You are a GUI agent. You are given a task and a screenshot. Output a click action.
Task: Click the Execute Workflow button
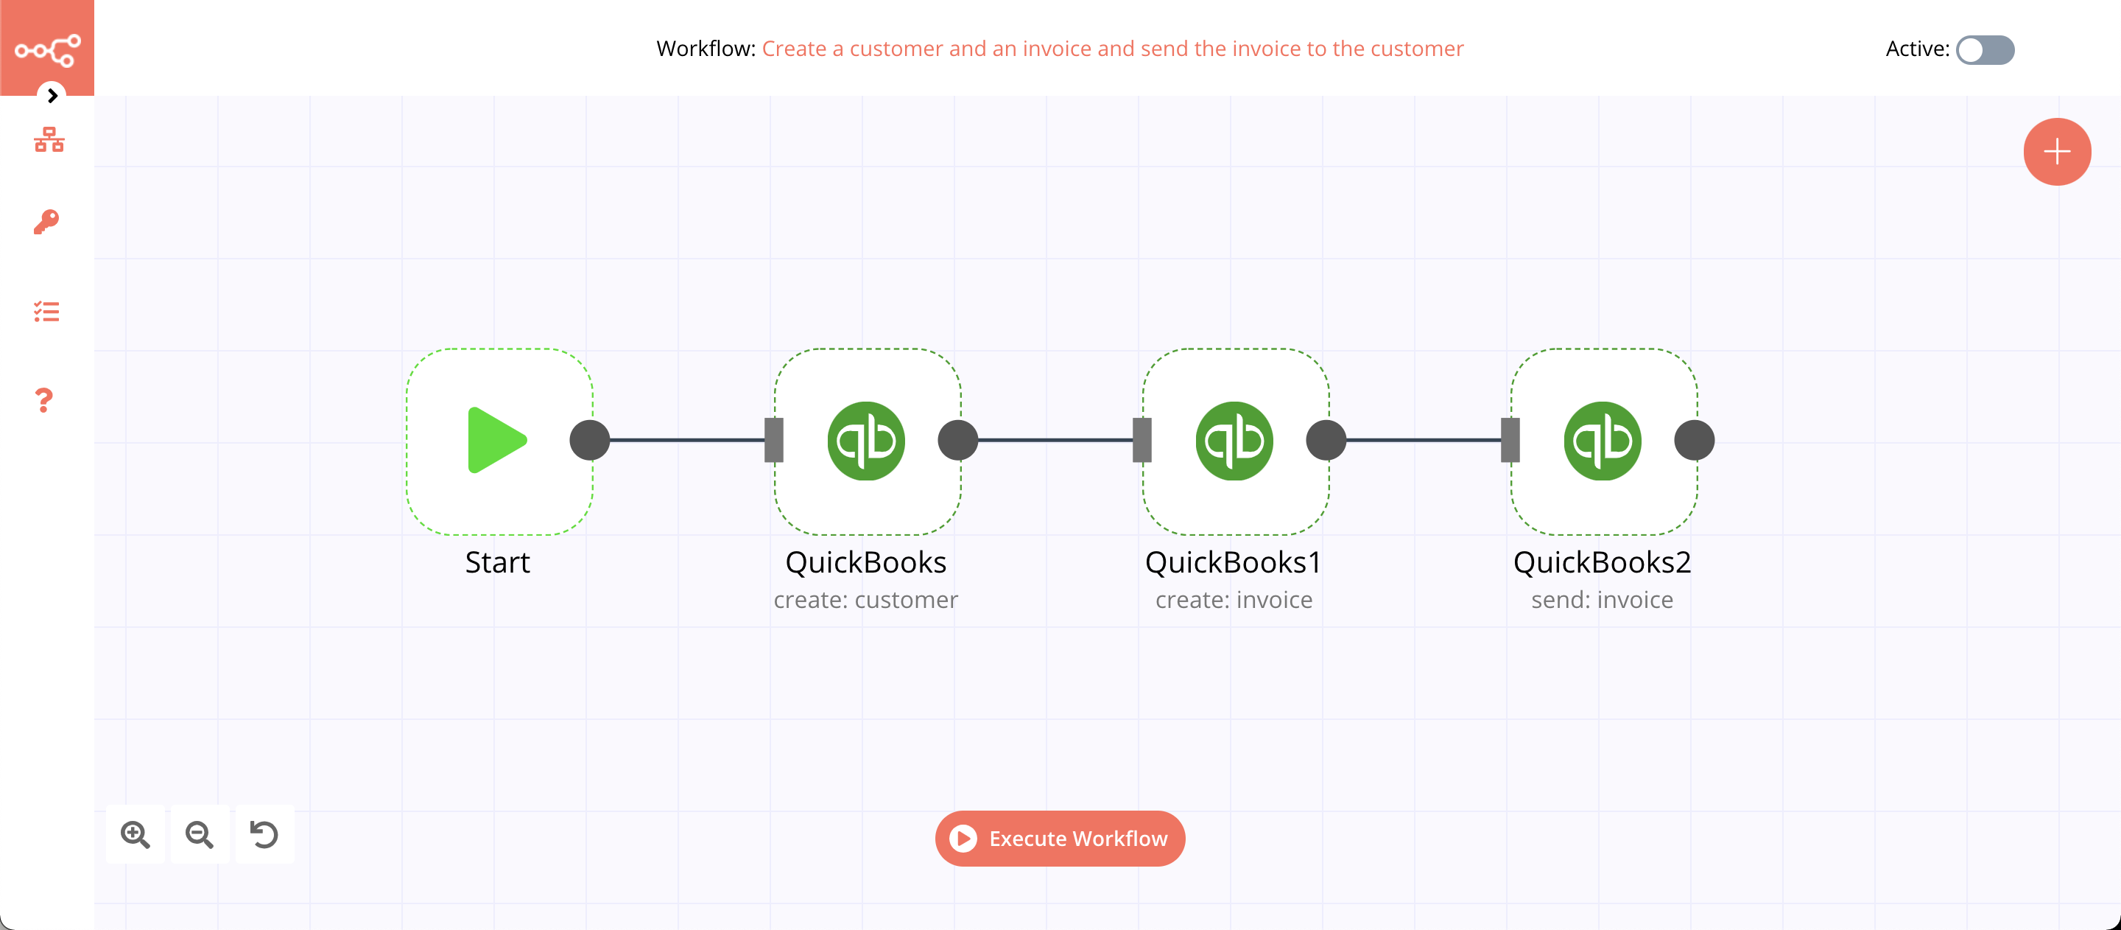click(1060, 838)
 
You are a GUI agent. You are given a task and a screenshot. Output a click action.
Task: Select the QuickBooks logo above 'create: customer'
click(865, 441)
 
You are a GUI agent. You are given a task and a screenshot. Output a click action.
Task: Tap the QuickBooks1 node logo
click(1234, 441)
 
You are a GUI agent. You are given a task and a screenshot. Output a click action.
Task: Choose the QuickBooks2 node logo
click(1602, 441)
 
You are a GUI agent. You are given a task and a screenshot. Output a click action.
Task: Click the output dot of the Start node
click(589, 440)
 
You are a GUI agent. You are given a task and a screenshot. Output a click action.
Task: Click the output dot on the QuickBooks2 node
click(1694, 440)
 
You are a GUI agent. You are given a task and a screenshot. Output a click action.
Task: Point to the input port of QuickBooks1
click(1142, 440)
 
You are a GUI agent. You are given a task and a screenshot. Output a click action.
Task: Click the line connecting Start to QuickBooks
click(686, 440)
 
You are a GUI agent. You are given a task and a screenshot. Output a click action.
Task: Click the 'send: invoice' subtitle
click(1602, 600)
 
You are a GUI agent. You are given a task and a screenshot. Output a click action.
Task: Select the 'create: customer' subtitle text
click(865, 600)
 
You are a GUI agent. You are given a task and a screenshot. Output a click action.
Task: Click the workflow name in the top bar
click(1112, 49)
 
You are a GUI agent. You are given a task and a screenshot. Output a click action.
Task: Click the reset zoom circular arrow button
click(264, 834)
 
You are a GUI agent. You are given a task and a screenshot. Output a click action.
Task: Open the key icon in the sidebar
click(46, 222)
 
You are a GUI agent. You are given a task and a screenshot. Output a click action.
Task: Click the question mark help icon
click(44, 400)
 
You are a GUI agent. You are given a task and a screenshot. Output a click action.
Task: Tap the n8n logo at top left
click(47, 49)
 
